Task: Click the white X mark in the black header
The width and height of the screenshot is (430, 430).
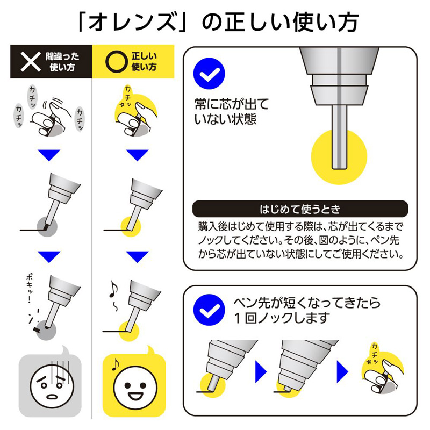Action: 31,62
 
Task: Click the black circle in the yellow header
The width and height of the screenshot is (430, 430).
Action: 117,62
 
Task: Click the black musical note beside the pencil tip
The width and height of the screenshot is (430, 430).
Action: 113,289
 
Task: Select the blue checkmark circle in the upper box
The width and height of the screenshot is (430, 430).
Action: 209,74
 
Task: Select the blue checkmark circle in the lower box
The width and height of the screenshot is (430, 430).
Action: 209,310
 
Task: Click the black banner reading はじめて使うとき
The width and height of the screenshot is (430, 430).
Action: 300,209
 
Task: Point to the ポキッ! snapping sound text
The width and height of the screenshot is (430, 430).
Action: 30,288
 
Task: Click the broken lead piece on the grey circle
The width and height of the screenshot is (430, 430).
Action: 37,329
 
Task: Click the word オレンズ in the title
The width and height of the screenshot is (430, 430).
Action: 132,23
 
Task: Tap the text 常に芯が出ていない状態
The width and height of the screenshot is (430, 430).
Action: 231,112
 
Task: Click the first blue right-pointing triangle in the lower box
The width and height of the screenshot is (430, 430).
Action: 261,371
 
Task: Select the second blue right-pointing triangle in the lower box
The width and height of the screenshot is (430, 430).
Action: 342,371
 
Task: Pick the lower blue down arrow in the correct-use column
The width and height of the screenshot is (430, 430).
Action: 138,257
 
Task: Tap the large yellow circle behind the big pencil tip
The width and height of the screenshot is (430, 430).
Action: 339,157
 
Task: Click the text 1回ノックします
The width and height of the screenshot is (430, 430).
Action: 282,318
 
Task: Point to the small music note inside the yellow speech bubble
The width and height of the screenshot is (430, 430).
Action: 116,364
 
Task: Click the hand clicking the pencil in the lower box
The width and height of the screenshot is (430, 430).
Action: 382,376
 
